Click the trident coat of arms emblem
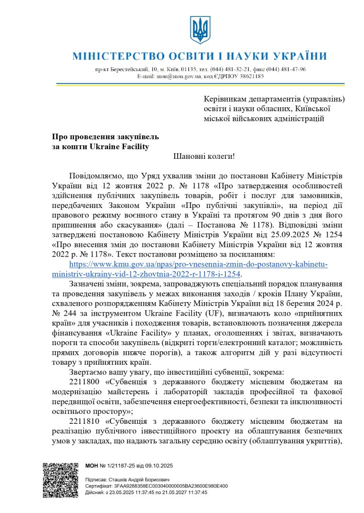[199, 30]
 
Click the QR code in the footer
[60, 479]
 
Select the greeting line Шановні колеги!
[204, 156]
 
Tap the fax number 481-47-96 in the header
[292, 69]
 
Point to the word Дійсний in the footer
[95, 492]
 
